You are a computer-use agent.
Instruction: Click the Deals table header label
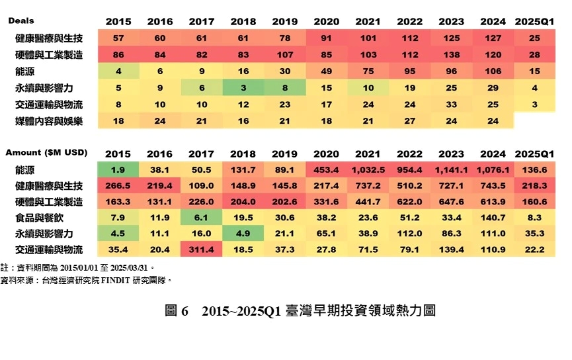[x=21, y=21]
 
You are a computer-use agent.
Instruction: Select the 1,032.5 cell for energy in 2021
[x=368, y=170]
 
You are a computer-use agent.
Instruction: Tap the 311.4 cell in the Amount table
[x=201, y=249]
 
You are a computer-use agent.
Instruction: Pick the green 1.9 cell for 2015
[x=118, y=170]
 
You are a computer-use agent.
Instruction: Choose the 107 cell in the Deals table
[x=285, y=55]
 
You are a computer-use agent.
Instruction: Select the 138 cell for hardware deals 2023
[x=452, y=55]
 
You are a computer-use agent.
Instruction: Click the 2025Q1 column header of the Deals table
[x=534, y=22]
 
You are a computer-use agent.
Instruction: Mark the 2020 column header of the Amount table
[x=327, y=153]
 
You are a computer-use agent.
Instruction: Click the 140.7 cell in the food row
[x=493, y=218]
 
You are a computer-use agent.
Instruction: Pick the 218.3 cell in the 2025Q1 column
[x=534, y=186]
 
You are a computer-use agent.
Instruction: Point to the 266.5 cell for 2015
[x=118, y=186]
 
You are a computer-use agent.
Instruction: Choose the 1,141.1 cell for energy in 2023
[x=452, y=170]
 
